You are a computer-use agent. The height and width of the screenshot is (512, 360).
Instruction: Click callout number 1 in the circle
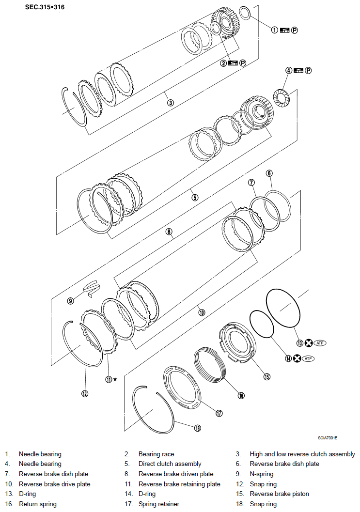(x=274, y=30)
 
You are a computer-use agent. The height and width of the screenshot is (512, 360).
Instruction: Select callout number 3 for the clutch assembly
(x=170, y=102)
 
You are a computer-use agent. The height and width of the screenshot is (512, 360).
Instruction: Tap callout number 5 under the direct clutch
(x=195, y=197)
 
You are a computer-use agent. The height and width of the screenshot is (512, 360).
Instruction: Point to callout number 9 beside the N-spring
(x=71, y=301)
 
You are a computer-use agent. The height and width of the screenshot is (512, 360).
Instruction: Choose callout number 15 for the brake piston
(x=266, y=376)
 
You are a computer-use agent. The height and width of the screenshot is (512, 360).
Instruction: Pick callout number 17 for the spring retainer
(x=219, y=413)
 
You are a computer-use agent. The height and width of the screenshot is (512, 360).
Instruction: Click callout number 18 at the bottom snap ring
(x=197, y=428)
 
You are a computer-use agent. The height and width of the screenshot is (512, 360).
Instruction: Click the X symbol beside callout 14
(x=297, y=359)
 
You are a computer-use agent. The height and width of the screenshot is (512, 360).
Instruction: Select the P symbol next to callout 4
(x=308, y=70)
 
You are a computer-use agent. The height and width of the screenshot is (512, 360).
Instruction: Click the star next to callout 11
(x=115, y=379)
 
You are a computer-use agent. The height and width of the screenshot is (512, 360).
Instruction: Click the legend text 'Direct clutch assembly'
(x=170, y=464)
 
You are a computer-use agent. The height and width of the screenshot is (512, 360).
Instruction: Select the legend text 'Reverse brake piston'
(x=279, y=494)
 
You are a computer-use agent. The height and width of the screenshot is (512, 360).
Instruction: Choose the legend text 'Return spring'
(x=37, y=504)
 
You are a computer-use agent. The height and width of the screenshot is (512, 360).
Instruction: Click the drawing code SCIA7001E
(x=327, y=438)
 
